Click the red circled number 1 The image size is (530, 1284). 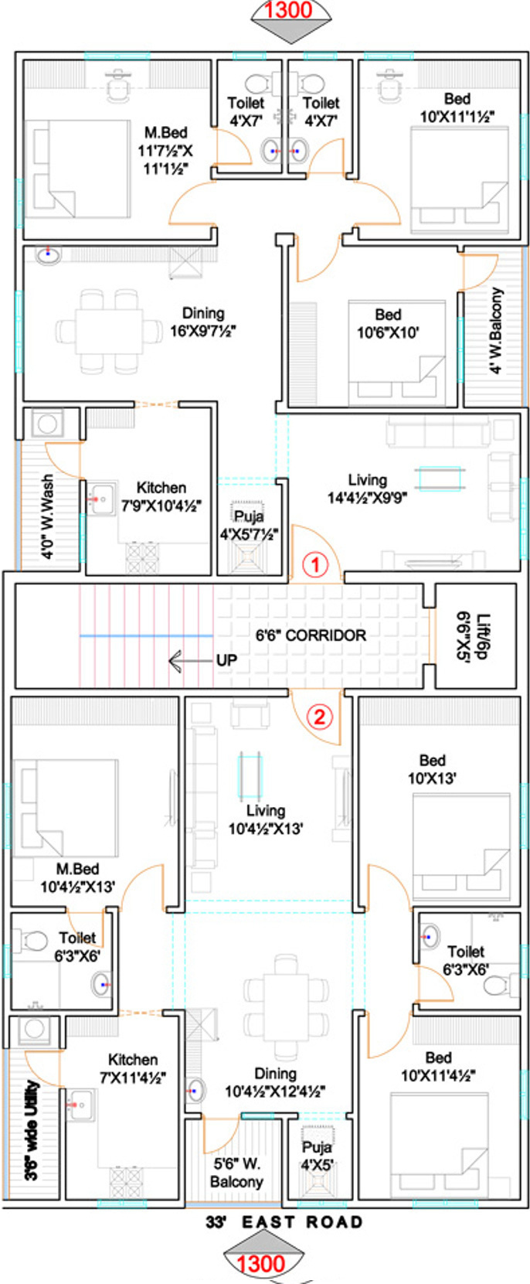coord(315,565)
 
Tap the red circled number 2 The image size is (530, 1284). coord(320,717)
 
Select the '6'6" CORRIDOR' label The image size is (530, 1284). coord(311,635)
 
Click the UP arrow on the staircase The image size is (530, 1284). coord(192,660)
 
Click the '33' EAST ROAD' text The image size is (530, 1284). coord(284,1221)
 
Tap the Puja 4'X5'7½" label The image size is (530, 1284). coord(250,525)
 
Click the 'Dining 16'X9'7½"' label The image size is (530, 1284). coord(203,322)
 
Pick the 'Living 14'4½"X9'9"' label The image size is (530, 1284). coord(367,489)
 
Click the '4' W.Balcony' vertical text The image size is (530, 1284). coord(496,330)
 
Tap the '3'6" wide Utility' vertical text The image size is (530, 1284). coord(32,1130)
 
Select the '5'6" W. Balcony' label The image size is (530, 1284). coord(236,1172)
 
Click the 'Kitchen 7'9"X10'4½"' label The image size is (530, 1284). coord(161,496)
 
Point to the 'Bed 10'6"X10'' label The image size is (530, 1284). coord(388,323)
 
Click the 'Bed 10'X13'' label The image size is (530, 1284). coord(432,769)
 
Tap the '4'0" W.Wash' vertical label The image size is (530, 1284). coord(47,516)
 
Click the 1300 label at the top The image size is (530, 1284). coord(288,10)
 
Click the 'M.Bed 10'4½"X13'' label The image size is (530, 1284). coord(77,877)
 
